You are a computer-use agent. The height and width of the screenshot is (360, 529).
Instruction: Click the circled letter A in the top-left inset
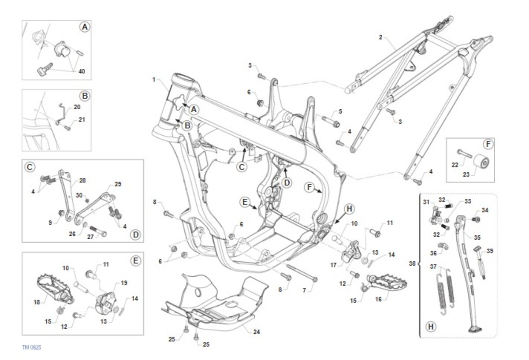tap(84, 27)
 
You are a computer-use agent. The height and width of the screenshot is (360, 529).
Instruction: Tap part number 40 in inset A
tap(82, 71)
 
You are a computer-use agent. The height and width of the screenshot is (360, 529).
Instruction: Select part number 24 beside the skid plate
tap(257, 331)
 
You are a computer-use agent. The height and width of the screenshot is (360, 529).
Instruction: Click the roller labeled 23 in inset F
tap(482, 164)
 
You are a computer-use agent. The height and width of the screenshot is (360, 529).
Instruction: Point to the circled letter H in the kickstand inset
tap(431, 327)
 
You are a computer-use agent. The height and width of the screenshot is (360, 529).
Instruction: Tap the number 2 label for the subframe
tap(380, 37)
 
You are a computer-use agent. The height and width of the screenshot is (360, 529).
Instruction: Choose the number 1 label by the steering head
tap(154, 80)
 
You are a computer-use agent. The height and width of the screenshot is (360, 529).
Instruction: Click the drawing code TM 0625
tap(32, 347)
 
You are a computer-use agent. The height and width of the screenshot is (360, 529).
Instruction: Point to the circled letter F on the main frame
tap(310, 188)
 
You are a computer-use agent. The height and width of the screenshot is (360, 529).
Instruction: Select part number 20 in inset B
tap(77, 107)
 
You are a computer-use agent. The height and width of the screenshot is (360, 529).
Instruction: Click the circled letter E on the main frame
tap(245, 202)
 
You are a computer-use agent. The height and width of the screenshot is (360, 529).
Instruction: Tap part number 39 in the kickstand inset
tap(489, 251)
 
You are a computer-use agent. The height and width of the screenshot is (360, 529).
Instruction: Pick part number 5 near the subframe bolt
tap(340, 111)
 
